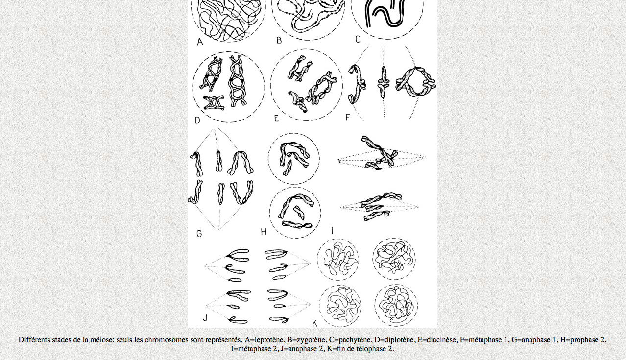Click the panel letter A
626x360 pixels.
point(200,42)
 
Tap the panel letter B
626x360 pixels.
point(279,41)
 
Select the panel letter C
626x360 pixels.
point(358,40)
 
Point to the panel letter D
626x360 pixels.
point(197,120)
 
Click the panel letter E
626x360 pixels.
point(276,119)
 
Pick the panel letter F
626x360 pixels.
point(348,118)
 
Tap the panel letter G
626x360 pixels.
point(199,234)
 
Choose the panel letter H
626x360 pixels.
point(264,232)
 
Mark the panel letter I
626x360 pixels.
point(332,231)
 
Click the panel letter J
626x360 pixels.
point(205,318)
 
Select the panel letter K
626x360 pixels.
point(314,324)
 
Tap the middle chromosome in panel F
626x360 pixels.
point(383,82)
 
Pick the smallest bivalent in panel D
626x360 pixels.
point(214,103)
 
